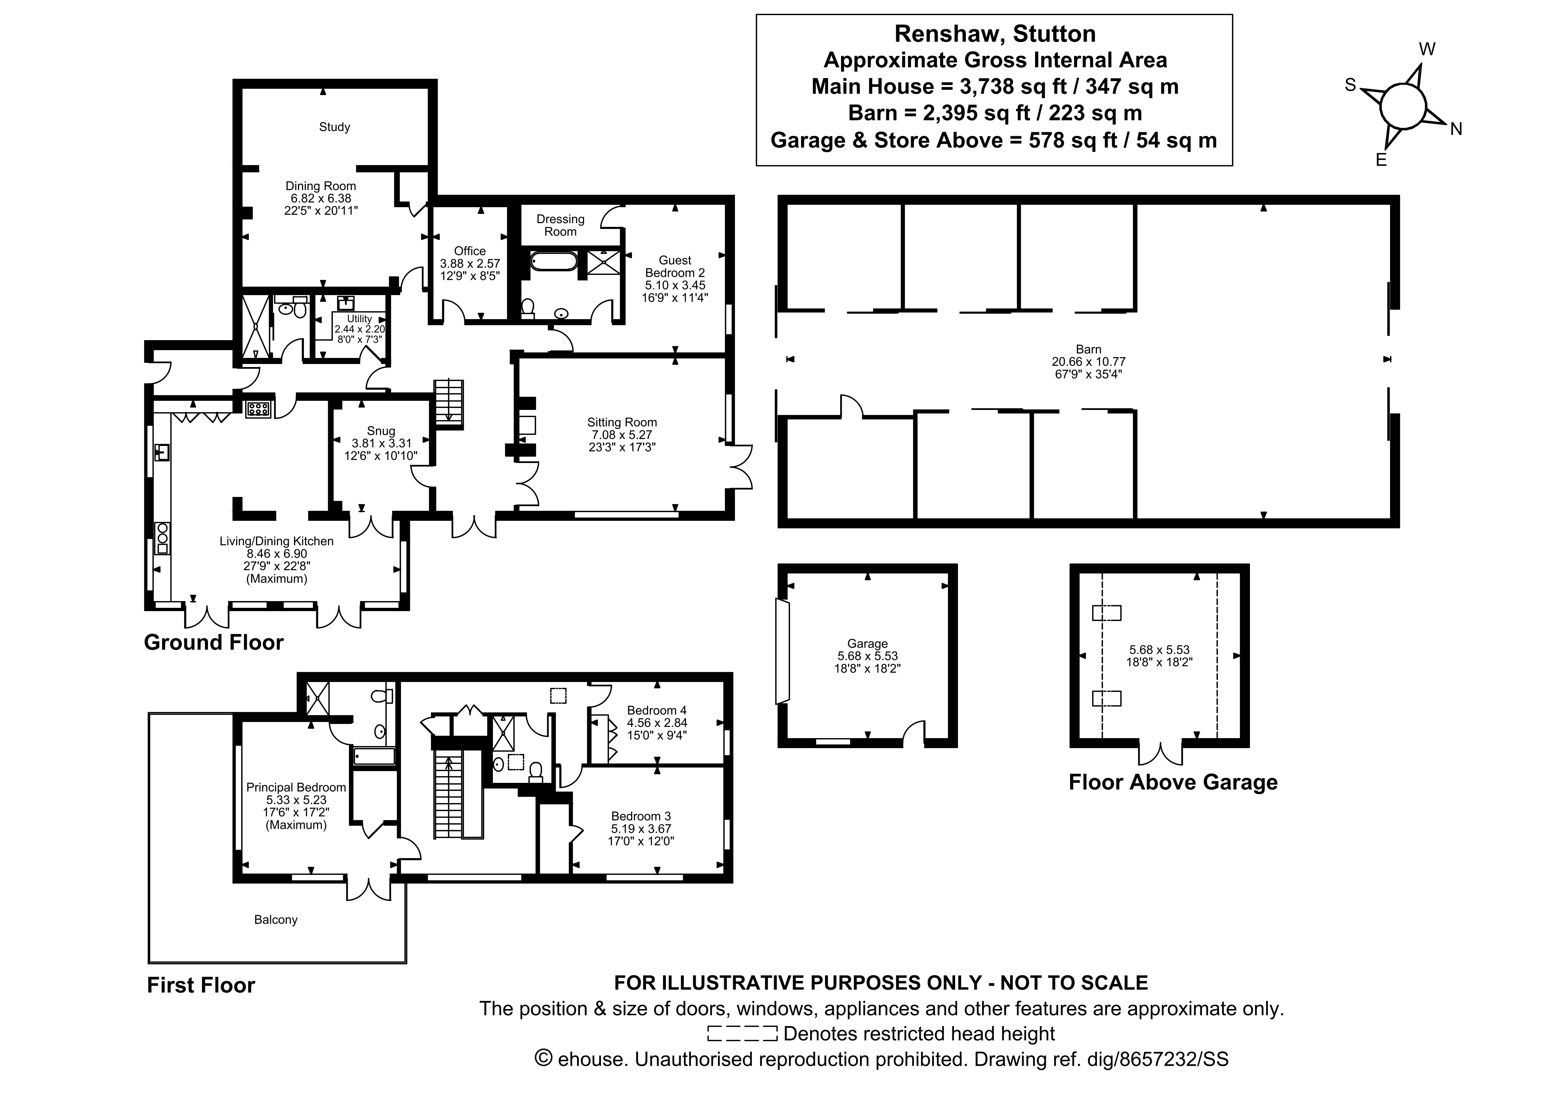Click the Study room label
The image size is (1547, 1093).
tap(334, 127)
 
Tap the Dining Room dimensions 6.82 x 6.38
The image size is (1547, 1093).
tap(321, 199)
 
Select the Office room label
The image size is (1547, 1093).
tap(469, 251)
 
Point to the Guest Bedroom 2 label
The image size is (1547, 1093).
tap(675, 267)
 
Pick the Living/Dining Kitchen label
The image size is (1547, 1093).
tap(276, 541)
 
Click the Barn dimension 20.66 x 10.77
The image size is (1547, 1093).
tap(1088, 362)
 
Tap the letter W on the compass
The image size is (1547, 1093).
tap(1427, 49)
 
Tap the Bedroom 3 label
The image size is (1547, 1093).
tap(641, 816)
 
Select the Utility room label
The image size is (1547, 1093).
tap(359, 318)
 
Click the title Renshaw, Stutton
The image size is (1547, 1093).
tap(994, 34)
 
